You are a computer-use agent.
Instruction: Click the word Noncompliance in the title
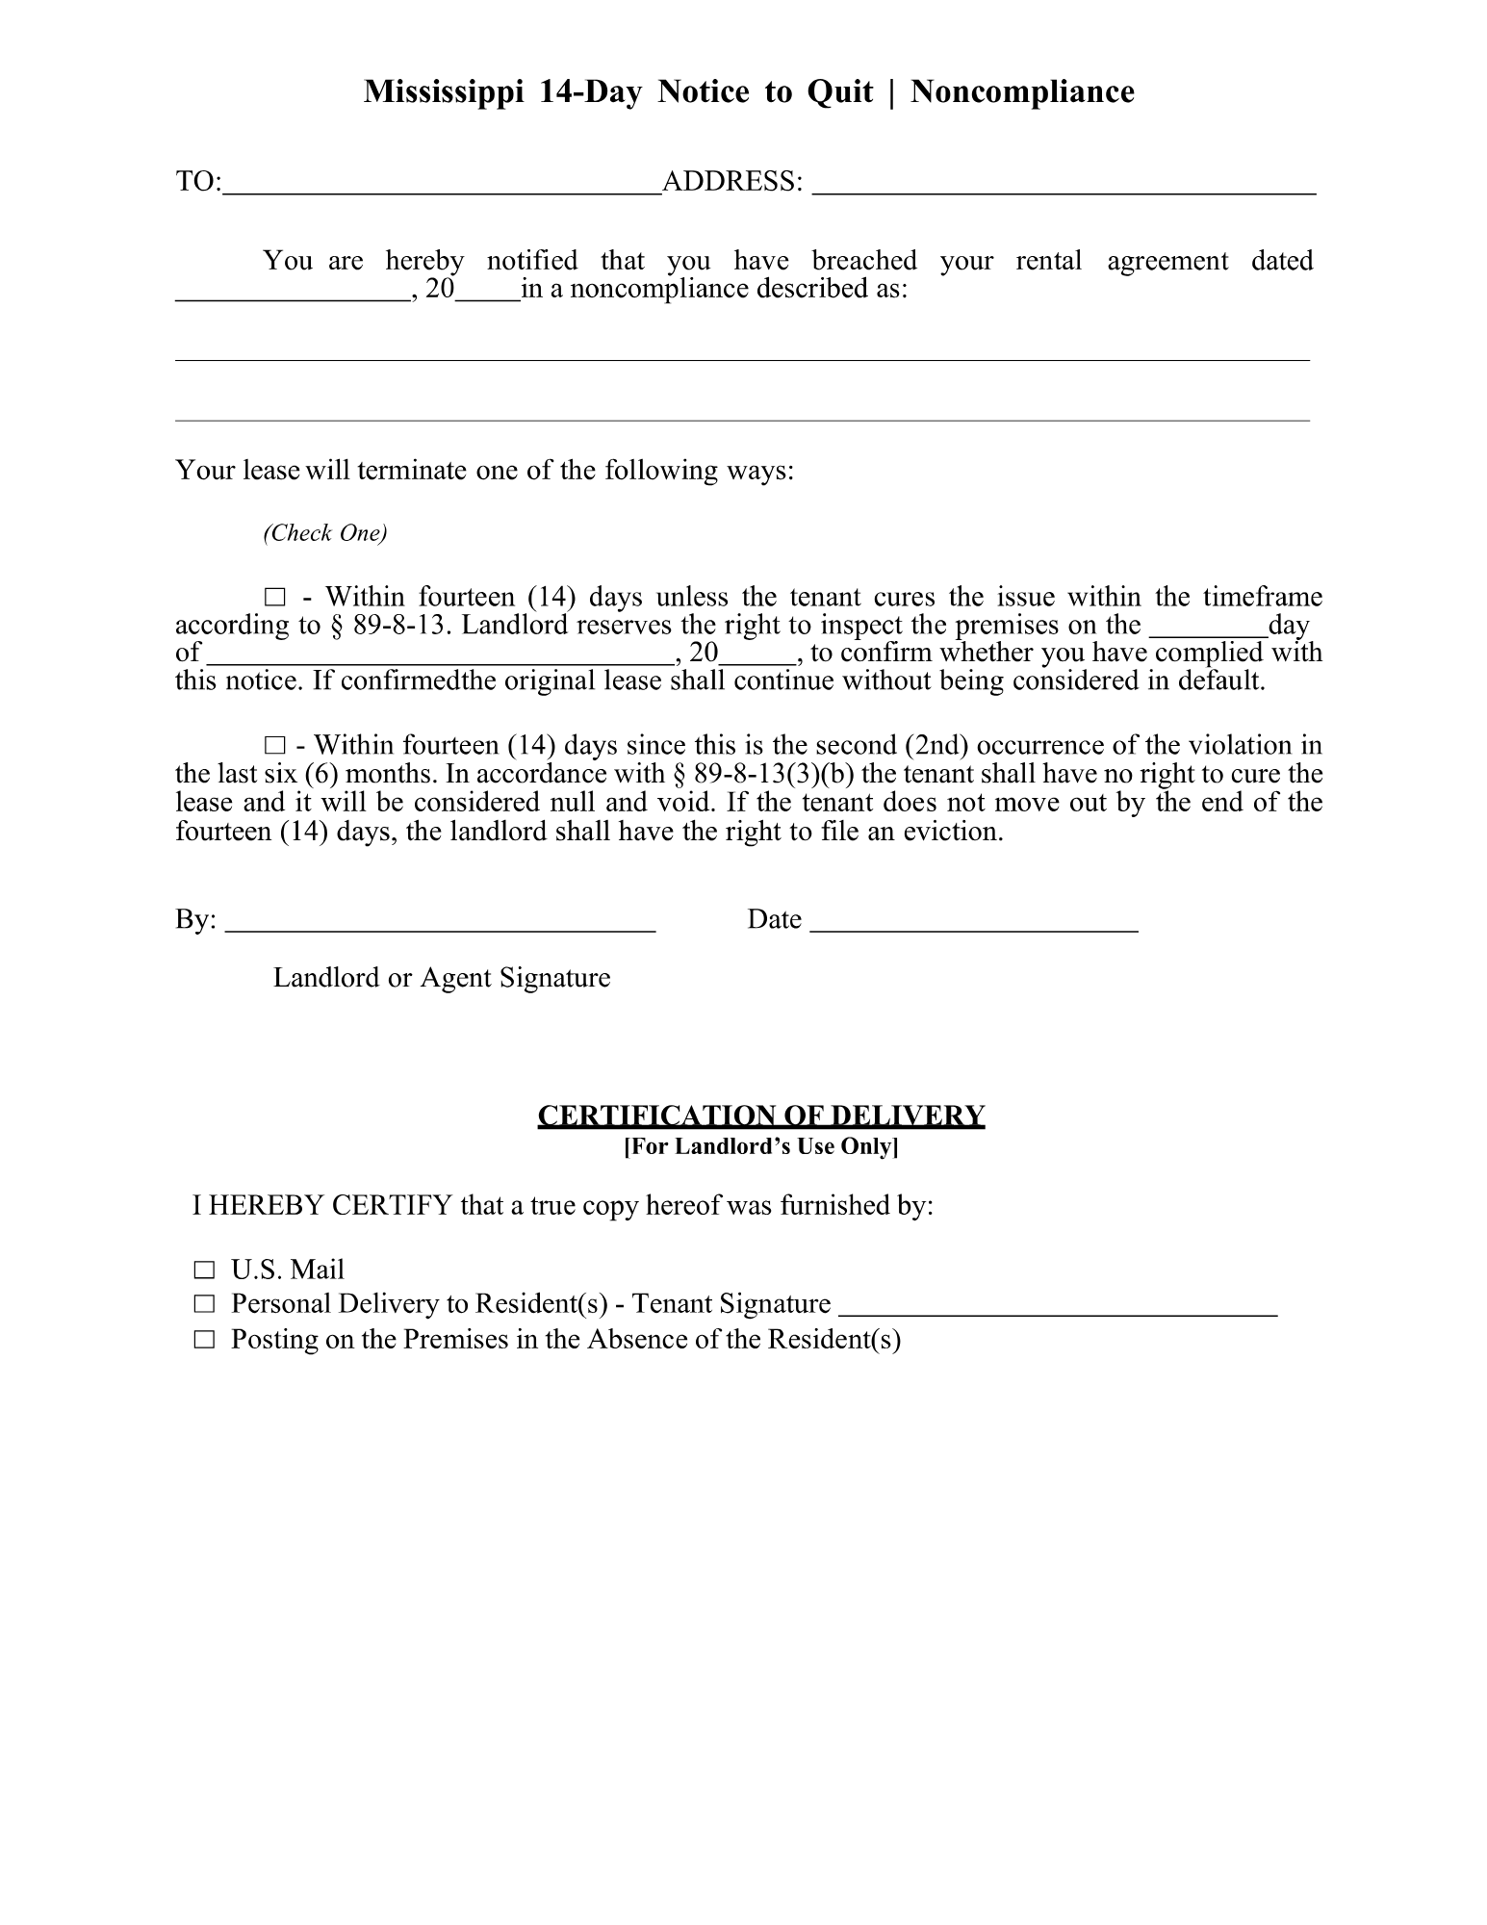pyautogui.click(x=1022, y=92)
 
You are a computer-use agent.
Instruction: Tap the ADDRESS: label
pyautogui.click(x=731, y=182)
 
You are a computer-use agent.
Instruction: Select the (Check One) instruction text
pyautogui.click(x=325, y=533)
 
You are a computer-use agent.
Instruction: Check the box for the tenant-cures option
pyautogui.click(x=275, y=598)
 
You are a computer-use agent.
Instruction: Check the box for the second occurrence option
pyautogui.click(x=275, y=746)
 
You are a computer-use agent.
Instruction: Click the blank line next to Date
pyautogui.click(x=974, y=924)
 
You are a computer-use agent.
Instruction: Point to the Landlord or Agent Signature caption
pyautogui.click(x=442, y=978)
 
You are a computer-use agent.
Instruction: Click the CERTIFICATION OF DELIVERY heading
pyautogui.click(x=760, y=1116)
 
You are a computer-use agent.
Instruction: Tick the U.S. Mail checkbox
pyautogui.click(x=203, y=1270)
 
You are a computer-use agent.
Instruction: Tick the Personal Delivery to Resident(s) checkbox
pyautogui.click(x=203, y=1305)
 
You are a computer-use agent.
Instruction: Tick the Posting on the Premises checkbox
pyautogui.click(x=203, y=1340)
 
